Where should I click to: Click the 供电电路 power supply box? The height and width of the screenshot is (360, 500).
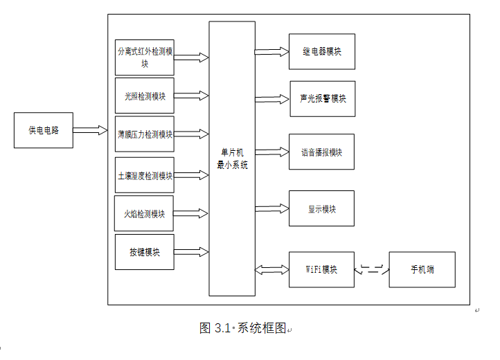pos(44,130)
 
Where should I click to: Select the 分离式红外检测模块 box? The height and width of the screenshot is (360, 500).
pos(144,57)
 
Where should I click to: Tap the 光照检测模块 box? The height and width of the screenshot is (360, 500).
pos(144,96)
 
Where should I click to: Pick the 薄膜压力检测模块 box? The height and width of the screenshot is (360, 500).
pos(144,134)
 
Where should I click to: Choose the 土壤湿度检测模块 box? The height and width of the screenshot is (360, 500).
pos(144,175)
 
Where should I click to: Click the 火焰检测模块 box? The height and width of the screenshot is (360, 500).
pos(144,214)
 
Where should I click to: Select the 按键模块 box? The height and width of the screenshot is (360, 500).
pos(144,252)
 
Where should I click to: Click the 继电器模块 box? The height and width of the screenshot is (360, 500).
pos(321,52)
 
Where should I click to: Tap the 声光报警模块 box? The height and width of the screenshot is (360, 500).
pos(323,98)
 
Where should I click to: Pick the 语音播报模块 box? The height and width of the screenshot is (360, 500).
pos(321,152)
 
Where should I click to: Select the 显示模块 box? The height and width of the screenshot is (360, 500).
pos(321,208)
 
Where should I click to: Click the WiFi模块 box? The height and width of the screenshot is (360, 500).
pos(321,269)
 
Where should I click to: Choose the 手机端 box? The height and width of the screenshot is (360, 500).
pos(422,269)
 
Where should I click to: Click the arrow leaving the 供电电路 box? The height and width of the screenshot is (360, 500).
pos(89,130)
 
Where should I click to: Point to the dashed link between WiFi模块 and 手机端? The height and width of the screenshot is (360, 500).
pos(372,269)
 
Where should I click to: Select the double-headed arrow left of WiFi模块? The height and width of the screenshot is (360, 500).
pos(271,269)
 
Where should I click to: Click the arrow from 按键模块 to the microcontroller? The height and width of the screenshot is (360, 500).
pos(191,252)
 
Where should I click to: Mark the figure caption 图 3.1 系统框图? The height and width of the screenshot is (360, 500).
pos(242,328)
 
